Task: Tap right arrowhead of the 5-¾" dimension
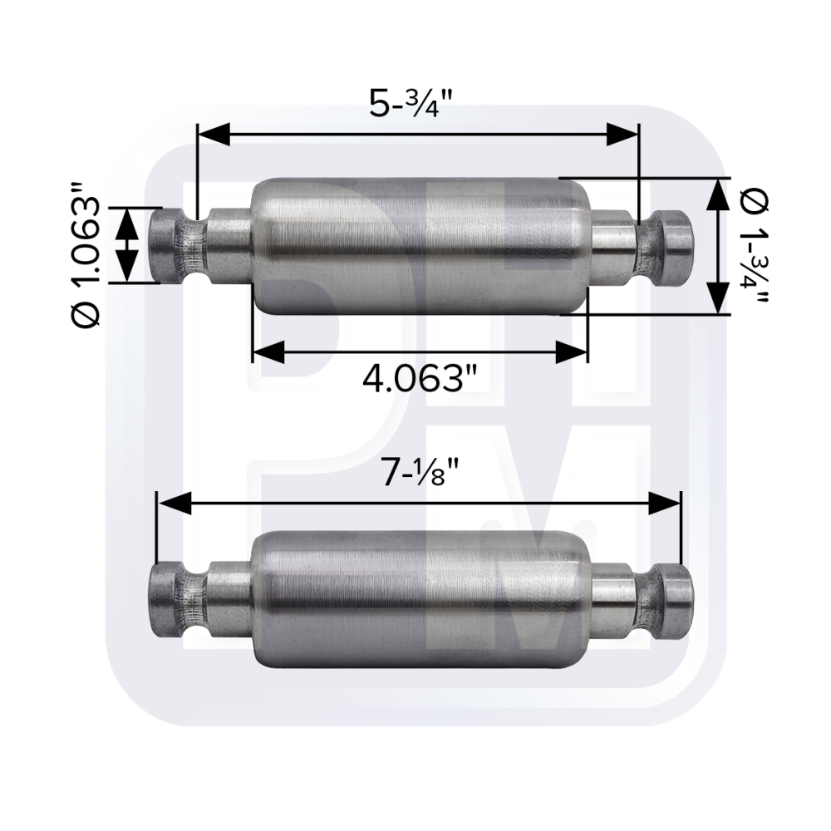pyautogui.click(x=622, y=134)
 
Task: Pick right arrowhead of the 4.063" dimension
pyautogui.click(x=573, y=352)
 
